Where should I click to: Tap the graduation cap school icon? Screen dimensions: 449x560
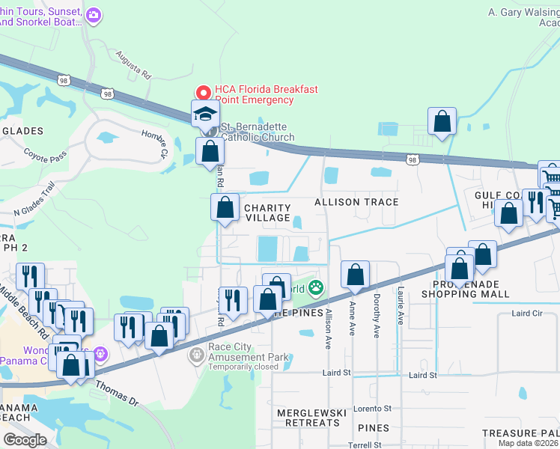[x=205, y=114]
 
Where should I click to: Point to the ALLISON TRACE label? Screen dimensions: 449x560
[x=356, y=202]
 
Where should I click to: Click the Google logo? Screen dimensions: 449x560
[x=25, y=439]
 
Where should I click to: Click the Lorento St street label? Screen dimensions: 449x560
[x=372, y=409]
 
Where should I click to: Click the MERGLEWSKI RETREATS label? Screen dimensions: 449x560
[x=308, y=418]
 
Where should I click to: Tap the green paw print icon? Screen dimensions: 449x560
[x=317, y=287]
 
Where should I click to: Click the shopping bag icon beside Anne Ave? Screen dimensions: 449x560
[x=355, y=275]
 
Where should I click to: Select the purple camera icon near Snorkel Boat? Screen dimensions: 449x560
[x=94, y=14]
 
